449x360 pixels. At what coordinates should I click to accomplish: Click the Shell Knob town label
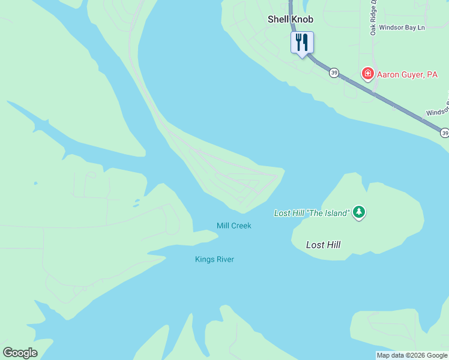(290, 19)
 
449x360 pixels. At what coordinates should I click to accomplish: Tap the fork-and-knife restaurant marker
(302, 43)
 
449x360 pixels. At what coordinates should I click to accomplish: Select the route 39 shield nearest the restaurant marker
(334, 73)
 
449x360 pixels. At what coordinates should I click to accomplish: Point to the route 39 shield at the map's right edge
(444, 132)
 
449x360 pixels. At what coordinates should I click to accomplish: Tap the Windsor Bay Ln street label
(397, 28)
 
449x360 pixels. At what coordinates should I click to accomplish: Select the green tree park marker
(359, 212)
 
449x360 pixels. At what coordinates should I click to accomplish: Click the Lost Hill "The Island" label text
(311, 213)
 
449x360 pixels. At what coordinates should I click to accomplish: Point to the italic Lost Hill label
(323, 245)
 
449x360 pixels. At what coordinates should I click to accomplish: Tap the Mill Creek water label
(234, 226)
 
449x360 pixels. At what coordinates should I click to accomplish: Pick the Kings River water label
(214, 259)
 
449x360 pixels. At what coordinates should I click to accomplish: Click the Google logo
(20, 353)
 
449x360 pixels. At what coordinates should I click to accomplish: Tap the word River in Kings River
(224, 259)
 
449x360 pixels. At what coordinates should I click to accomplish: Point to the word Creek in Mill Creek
(241, 226)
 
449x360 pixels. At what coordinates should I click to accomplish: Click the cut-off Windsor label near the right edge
(437, 112)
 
